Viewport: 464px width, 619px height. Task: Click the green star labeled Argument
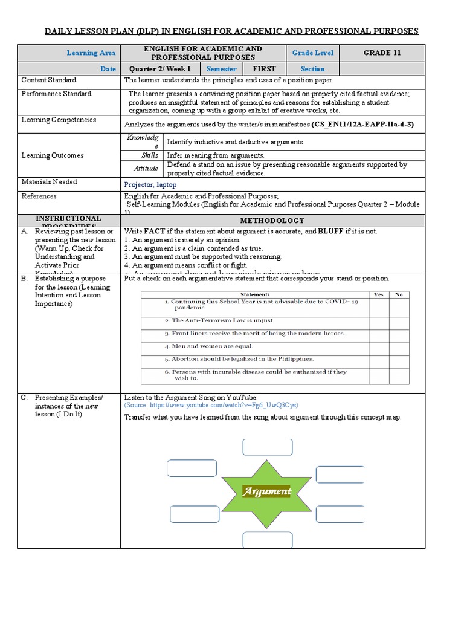[266, 491]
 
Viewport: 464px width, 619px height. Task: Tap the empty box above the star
[268, 447]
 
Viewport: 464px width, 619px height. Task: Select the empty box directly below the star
[268, 540]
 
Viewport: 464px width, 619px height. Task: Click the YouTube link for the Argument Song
[211, 405]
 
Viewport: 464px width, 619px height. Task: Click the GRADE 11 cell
[382, 53]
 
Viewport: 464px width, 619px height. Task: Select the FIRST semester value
[263, 69]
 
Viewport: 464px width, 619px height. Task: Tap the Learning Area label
[91, 53]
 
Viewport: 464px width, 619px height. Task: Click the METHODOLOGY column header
[273, 221]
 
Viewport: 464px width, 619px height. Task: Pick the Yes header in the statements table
[379, 294]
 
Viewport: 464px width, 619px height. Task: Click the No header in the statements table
[399, 294]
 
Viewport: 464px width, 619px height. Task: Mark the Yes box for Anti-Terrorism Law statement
[379, 320]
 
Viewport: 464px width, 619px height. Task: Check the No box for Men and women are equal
[399, 346]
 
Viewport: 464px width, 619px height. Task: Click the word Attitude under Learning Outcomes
[146, 169]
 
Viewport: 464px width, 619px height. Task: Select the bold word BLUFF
[331, 232]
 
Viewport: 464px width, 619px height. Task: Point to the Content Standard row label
[49, 80]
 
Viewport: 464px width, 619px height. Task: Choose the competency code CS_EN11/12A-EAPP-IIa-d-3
[362, 124]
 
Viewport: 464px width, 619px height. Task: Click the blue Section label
[312, 69]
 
